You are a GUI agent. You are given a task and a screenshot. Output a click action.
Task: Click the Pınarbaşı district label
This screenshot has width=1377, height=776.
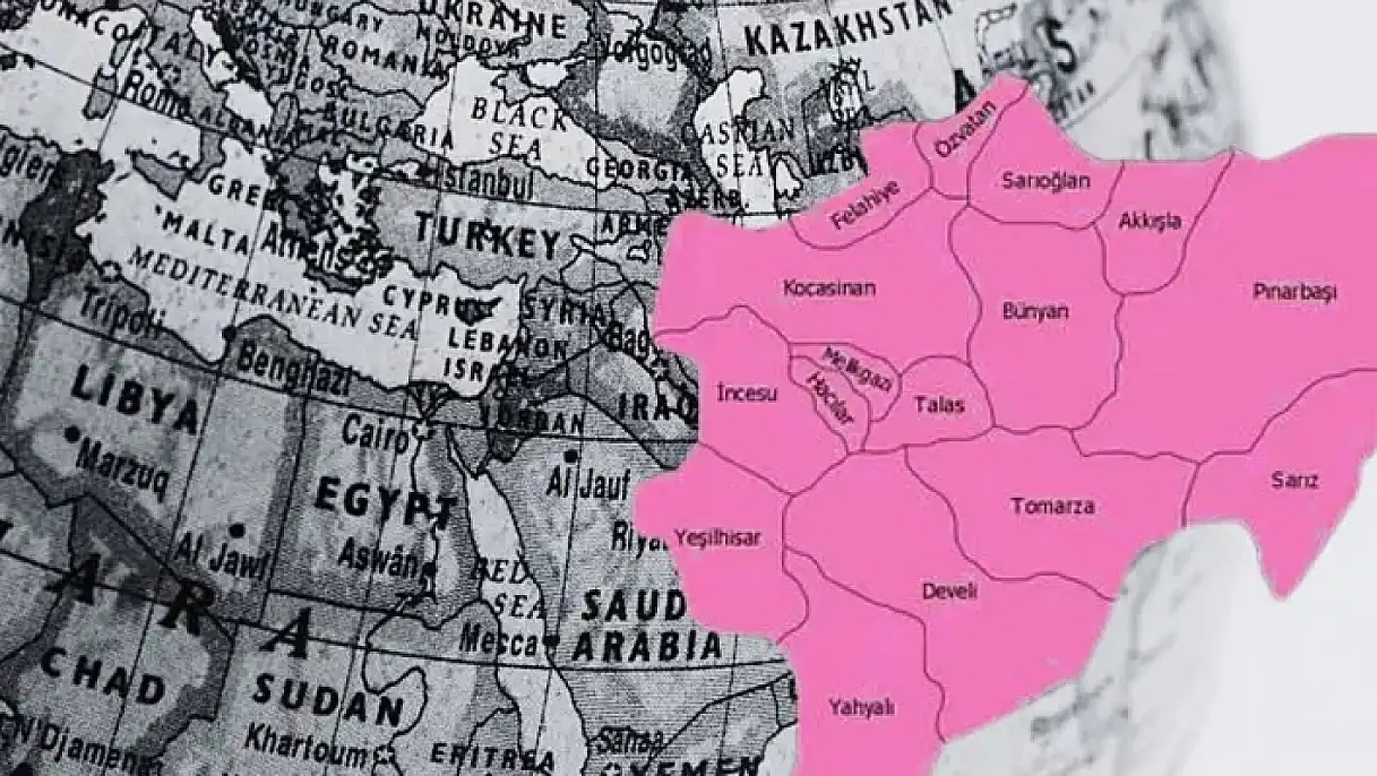(x=1293, y=291)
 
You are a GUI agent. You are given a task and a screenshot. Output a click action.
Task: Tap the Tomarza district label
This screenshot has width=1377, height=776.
(x=1052, y=506)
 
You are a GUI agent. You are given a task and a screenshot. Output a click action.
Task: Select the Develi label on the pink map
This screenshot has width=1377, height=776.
(x=950, y=591)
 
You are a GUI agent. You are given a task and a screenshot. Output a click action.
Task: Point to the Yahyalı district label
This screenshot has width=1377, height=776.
(x=860, y=707)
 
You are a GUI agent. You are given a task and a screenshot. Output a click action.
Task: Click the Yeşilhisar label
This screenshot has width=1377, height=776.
(x=717, y=538)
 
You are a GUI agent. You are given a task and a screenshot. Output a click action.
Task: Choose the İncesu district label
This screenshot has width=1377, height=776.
(x=747, y=394)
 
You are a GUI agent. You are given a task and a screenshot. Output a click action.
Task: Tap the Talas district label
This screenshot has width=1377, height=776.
(x=939, y=404)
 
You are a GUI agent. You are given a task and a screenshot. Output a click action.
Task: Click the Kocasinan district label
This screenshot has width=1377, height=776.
(x=829, y=288)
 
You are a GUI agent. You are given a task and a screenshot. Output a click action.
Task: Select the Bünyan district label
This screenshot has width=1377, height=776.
(x=1035, y=311)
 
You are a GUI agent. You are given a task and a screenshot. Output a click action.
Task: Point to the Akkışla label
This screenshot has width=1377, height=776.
(x=1149, y=221)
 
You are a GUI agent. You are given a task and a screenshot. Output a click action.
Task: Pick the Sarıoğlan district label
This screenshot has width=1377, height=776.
(x=1045, y=181)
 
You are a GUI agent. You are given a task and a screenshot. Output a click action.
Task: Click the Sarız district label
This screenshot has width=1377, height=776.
(x=1294, y=480)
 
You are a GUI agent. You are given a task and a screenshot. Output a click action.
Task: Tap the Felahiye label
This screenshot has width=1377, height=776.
(x=865, y=205)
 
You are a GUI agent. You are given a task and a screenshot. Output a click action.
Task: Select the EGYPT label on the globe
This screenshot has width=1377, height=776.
(x=385, y=500)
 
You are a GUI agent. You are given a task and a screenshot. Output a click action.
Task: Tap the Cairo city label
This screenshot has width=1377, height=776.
(x=375, y=432)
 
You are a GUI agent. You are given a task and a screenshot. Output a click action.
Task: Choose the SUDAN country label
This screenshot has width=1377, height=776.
(x=327, y=702)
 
